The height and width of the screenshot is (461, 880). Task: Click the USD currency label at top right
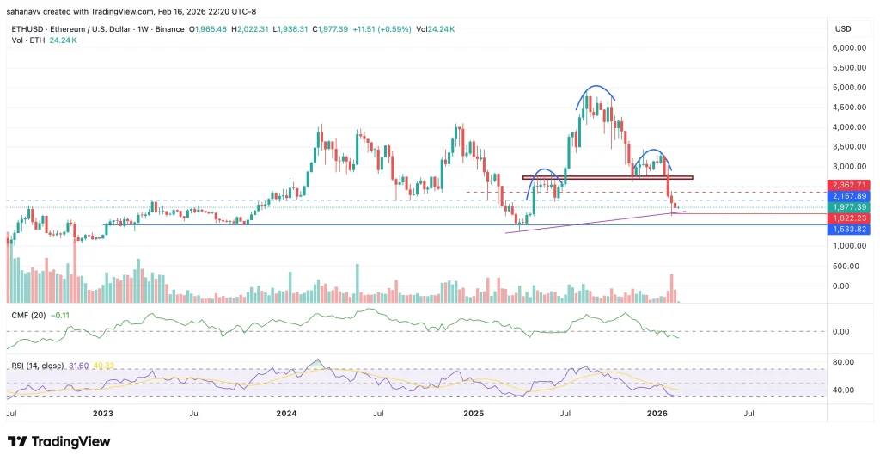[x=842, y=28]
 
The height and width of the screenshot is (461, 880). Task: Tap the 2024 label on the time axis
[x=287, y=413]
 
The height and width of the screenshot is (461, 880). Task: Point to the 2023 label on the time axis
[x=102, y=413]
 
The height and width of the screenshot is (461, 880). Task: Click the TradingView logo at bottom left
[x=59, y=441]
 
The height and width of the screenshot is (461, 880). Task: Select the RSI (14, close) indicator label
[x=38, y=366]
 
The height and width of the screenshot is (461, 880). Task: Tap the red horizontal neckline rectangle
[x=607, y=177]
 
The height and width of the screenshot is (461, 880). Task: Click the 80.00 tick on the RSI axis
[x=842, y=362]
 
